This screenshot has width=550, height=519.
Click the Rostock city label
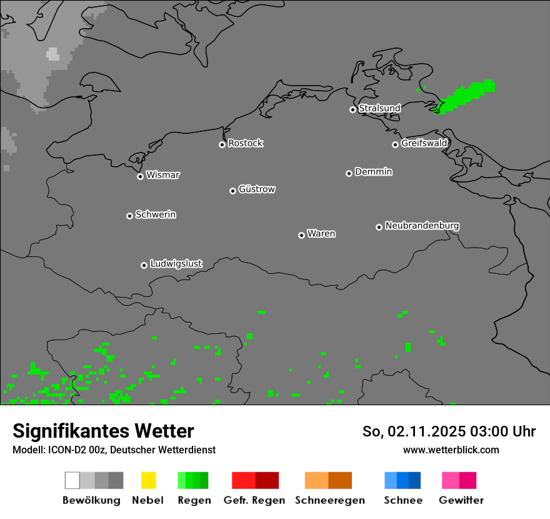(246, 143)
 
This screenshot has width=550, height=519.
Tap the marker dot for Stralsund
(352, 109)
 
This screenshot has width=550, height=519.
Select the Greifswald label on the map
(424, 143)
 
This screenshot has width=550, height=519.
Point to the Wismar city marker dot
(140, 176)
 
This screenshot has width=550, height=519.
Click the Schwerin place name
(156, 214)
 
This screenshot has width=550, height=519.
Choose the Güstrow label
(257, 189)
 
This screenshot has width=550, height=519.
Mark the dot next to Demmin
(349, 173)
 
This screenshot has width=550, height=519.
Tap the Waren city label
(321, 234)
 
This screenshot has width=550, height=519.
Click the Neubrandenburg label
(422, 226)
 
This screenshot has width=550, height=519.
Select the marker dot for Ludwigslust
(144, 265)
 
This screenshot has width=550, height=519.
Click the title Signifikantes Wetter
(103, 431)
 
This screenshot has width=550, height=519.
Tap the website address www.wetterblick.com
(451, 450)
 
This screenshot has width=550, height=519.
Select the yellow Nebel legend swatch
(148, 480)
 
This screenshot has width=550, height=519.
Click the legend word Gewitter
(461, 500)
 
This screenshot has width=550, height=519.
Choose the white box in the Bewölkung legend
(72, 480)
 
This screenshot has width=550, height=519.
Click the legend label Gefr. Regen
(254, 500)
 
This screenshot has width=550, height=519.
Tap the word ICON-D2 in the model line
(64, 450)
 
